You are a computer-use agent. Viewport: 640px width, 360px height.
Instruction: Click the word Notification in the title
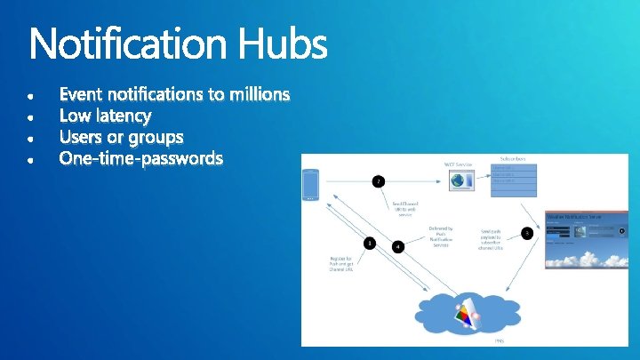[x=128, y=44]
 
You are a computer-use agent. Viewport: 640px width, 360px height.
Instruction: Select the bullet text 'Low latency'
[x=105, y=116]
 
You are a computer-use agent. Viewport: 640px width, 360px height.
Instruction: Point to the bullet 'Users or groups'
[x=121, y=138]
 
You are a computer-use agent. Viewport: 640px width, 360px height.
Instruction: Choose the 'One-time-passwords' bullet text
[x=140, y=160]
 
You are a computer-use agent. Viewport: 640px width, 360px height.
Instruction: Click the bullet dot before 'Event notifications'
[x=33, y=95]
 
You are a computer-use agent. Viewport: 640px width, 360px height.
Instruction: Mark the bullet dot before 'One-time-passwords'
[x=33, y=161]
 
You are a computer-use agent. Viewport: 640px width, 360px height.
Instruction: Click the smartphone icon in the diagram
[x=309, y=185]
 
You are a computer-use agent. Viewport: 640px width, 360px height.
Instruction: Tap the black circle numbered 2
[x=379, y=180]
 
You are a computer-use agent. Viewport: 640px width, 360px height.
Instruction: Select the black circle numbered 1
[x=370, y=243]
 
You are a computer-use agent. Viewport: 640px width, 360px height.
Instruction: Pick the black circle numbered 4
[x=398, y=246]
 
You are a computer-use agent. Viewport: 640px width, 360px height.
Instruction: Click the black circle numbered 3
[x=527, y=234]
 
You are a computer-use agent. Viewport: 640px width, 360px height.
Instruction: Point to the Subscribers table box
[x=514, y=179]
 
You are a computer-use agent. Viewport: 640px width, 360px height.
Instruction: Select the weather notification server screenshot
[x=586, y=240]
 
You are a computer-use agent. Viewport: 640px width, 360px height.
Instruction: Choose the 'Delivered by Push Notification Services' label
[x=441, y=236]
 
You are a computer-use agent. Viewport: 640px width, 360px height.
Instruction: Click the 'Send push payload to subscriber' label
[x=492, y=237]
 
